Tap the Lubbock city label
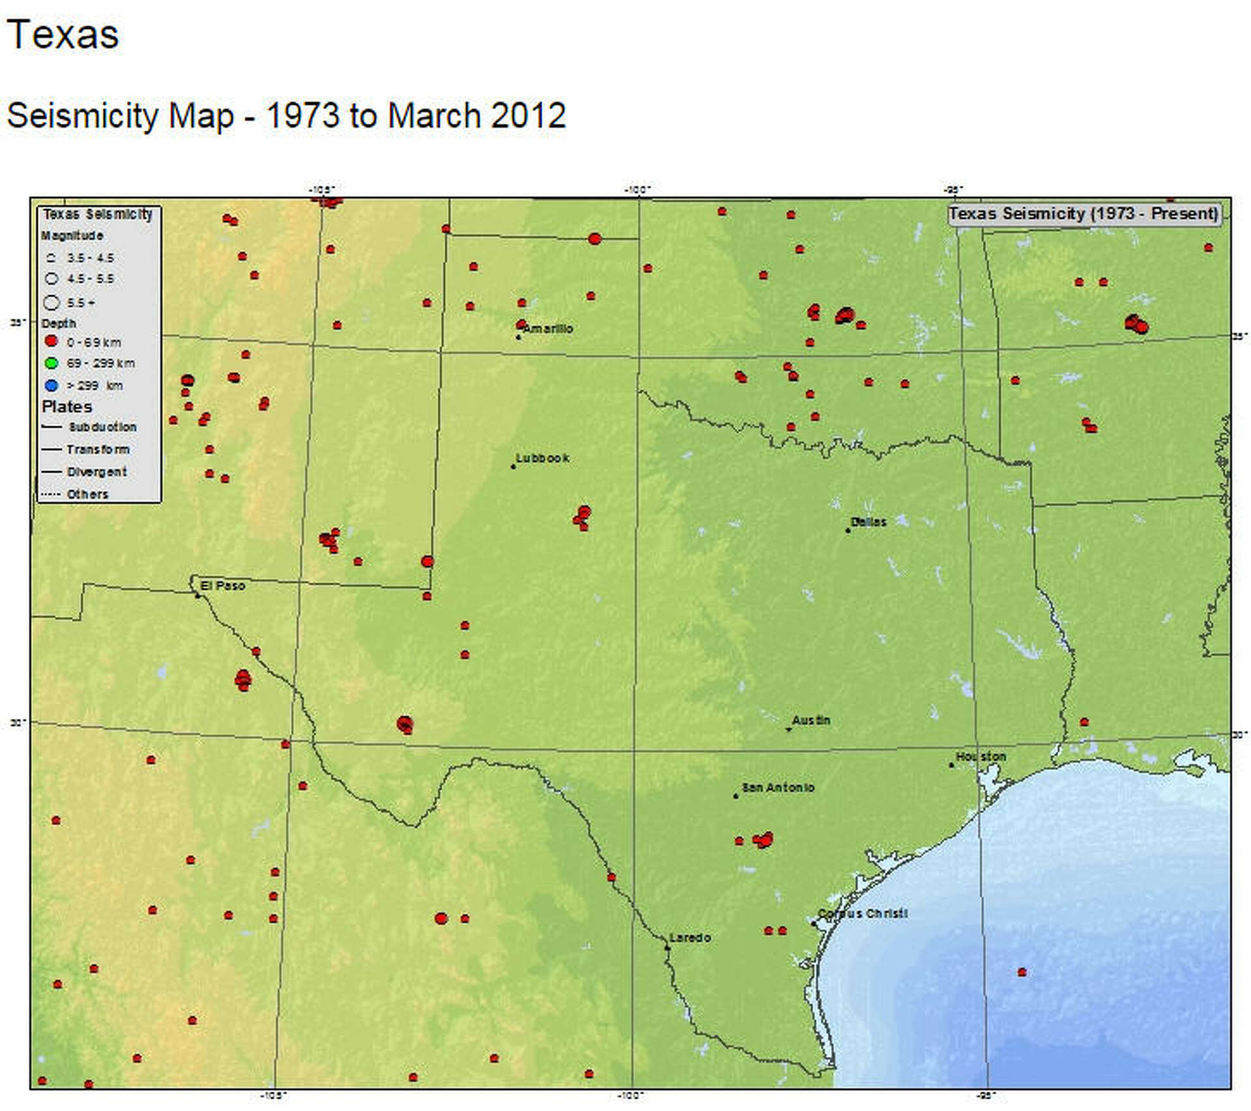pyautogui.click(x=542, y=458)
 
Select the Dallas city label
pyautogui.click(x=869, y=522)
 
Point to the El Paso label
pyautogui.click(x=222, y=586)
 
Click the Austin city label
pyautogui.click(x=811, y=720)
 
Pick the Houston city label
pyautogui.click(x=981, y=757)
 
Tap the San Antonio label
pyautogui.click(x=778, y=788)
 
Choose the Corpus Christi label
pyautogui.click(x=863, y=914)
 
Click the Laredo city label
pyautogui.click(x=690, y=938)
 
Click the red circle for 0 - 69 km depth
pyautogui.click(x=51, y=341)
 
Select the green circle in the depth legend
pyautogui.click(x=51, y=363)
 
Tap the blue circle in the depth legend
pyautogui.click(x=51, y=385)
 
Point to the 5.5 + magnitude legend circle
pyautogui.click(x=51, y=302)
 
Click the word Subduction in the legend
pyautogui.click(x=103, y=427)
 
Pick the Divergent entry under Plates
pyautogui.click(x=96, y=472)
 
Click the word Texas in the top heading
pyautogui.click(x=63, y=35)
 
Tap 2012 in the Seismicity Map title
pyautogui.click(x=528, y=116)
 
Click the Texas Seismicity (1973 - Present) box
pyautogui.click(x=1084, y=214)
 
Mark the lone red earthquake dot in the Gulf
pyautogui.click(x=1022, y=972)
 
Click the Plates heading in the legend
pyautogui.click(x=66, y=407)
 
